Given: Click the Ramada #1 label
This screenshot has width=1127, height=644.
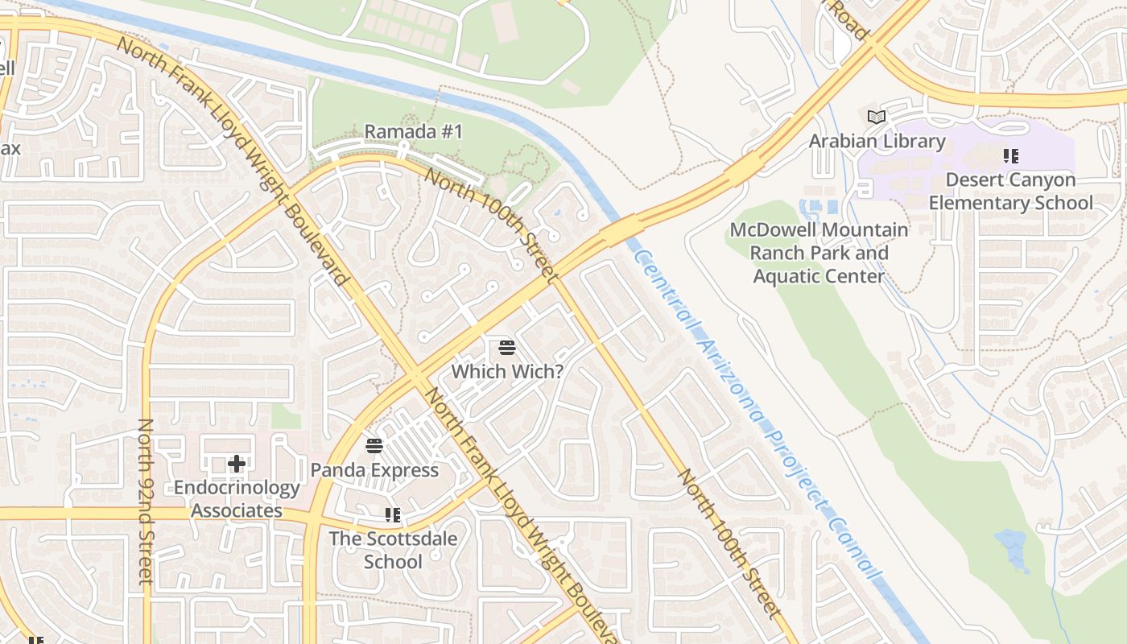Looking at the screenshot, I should [414, 131].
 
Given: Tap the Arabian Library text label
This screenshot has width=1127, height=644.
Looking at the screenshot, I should [877, 141].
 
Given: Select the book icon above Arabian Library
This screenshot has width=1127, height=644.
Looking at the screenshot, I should [877, 118].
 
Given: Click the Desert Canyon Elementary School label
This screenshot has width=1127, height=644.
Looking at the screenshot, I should [1010, 191].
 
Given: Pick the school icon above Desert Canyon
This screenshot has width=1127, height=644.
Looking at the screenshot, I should [1010, 156].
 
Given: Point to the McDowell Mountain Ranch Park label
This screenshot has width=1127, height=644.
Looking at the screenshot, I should [819, 253].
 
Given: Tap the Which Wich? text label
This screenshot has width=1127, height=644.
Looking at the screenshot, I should [506, 371].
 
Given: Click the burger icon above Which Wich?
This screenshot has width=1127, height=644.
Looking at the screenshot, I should [506, 348].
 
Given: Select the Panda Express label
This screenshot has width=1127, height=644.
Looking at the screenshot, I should [374, 469].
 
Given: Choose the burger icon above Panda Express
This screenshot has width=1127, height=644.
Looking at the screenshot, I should [374, 446].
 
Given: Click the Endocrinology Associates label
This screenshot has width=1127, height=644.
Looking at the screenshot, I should [237, 499].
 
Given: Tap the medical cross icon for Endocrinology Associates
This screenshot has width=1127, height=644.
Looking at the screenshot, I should [237, 464].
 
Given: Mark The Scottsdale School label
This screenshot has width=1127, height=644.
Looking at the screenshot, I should [393, 550].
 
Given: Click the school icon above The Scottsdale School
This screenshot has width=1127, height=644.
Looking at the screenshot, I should [393, 515].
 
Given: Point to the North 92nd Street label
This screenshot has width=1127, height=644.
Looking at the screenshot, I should [146, 501].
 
